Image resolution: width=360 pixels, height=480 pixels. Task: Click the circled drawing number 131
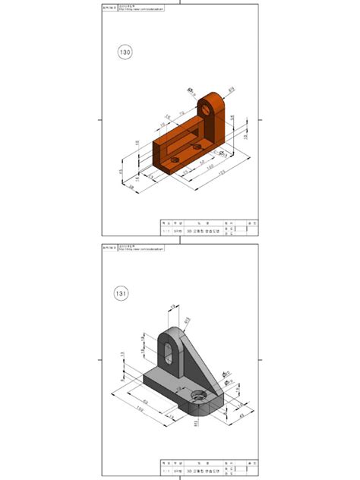point(122,292)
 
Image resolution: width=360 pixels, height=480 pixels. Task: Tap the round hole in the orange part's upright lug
point(208,109)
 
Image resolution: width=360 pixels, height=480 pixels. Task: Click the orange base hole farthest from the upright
point(174,162)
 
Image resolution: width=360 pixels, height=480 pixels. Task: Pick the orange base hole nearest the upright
point(197,145)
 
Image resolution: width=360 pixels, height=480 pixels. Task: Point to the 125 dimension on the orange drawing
point(219,175)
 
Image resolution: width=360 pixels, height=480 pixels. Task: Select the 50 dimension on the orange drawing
point(202,161)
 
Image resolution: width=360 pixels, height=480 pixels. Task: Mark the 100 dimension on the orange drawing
point(210,167)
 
